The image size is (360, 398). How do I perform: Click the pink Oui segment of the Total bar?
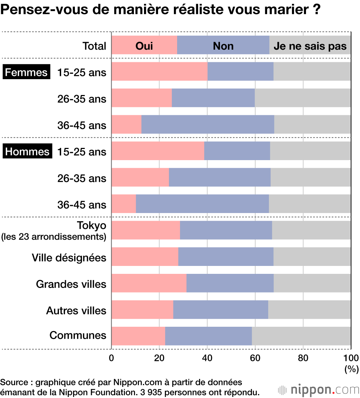click(x=144, y=45)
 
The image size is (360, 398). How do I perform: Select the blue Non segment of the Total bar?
click(x=223, y=45)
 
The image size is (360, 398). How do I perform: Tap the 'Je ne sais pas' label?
click(x=310, y=46)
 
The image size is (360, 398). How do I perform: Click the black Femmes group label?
click(x=26, y=72)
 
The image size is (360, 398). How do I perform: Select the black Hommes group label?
click(x=27, y=151)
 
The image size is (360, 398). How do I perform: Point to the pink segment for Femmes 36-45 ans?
click(x=126, y=125)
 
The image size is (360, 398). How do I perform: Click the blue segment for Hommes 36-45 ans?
click(x=202, y=204)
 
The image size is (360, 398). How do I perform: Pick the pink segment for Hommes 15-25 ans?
click(x=158, y=151)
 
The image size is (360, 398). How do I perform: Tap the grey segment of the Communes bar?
click(x=301, y=336)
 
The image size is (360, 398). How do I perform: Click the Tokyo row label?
click(x=91, y=226)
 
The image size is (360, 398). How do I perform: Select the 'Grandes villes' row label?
click(x=71, y=284)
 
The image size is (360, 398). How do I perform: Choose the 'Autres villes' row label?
click(x=76, y=310)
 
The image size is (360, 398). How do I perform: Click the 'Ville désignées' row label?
click(x=69, y=258)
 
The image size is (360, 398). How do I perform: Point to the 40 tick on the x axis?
click(x=207, y=358)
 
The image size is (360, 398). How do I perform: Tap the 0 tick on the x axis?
click(x=112, y=358)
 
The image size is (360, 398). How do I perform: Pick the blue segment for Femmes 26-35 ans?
click(x=213, y=98)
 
